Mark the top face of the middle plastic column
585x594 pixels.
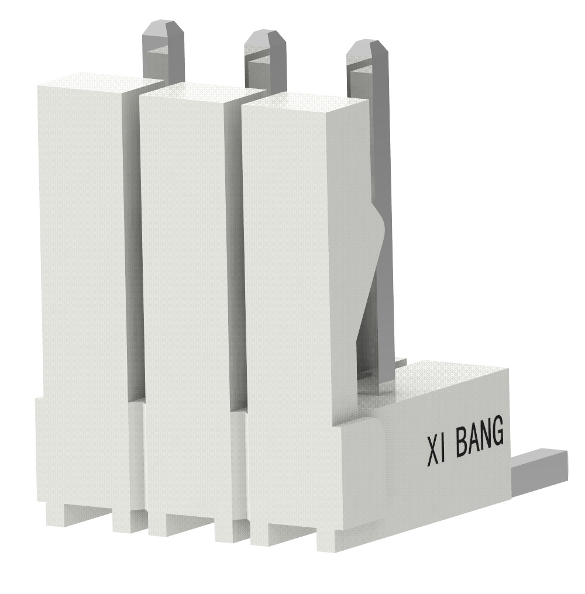(202, 90)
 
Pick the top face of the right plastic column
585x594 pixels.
(304, 100)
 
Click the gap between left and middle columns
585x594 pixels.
(133, 246)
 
